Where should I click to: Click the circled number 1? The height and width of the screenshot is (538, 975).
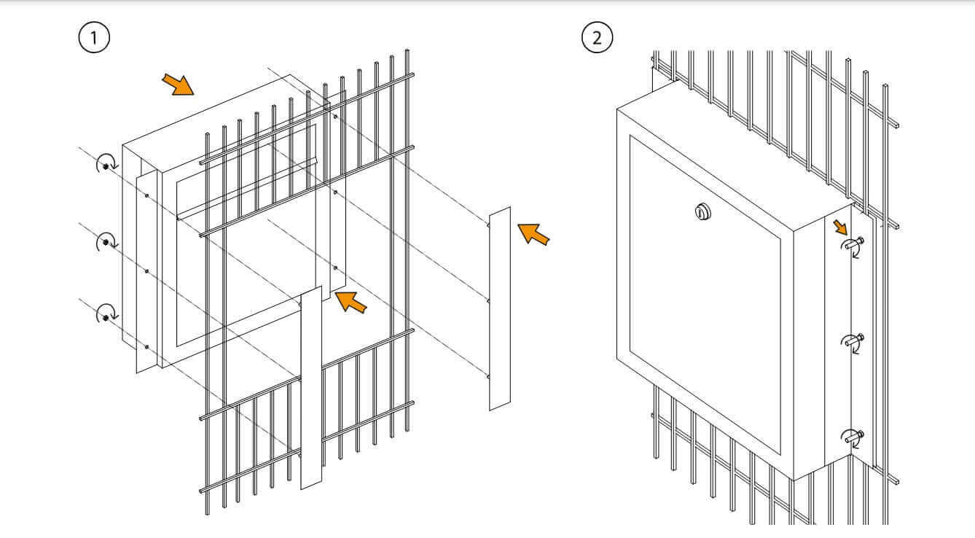pyautogui.click(x=94, y=37)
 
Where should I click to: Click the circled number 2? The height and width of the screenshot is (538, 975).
pyautogui.click(x=598, y=37)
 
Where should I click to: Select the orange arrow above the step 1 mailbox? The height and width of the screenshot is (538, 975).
pyautogui.click(x=178, y=84)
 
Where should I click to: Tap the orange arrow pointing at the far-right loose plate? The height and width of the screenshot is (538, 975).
pyautogui.click(x=533, y=233)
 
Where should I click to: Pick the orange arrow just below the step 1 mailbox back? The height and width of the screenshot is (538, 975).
pyautogui.click(x=351, y=302)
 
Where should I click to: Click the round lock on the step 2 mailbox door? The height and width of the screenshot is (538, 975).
pyautogui.click(x=702, y=212)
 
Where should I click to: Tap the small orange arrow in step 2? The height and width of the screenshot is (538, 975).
pyautogui.click(x=840, y=227)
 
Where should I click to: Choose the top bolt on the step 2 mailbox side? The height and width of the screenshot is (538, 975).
pyautogui.click(x=855, y=244)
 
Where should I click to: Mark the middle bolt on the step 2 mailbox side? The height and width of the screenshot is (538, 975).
pyautogui.click(x=855, y=341)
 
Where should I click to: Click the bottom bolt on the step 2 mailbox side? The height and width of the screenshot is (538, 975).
pyautogui.click(x=855, y=437)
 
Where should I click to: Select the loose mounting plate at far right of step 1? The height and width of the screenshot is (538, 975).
pyautogui.click(x=500, y=308)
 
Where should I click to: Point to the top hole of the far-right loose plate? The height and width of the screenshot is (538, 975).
pyautogui.click(x=488, y=225)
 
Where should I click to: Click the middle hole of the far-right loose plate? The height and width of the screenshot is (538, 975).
pyautogui.click(x=488, y=301)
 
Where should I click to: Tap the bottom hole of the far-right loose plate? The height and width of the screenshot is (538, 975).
pyautogui.click(x=488, y=376)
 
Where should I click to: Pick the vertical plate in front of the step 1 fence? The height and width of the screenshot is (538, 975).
pyautogui.click(x=311, y=387)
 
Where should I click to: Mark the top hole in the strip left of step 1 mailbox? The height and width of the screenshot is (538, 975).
pyautogui.click(x=146, y=195)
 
